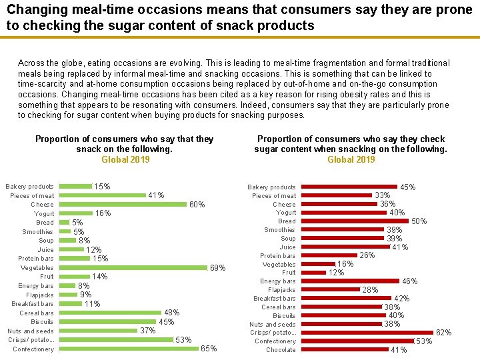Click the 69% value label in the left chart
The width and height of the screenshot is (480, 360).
coord(218,268)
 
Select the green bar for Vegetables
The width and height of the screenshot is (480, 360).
coord(133,267)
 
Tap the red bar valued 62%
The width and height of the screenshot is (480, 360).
coord(367,332)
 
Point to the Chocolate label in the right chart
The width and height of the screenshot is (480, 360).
coord(281,350)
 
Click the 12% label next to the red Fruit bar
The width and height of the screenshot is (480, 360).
coord(336,273)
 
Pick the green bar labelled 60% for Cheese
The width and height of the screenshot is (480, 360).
coord(123,205)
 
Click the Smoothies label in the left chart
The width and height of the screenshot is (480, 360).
coord(38,232)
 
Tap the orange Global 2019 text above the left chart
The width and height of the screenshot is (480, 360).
coord(125,159)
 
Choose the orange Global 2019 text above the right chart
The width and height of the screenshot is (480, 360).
coord(351,159)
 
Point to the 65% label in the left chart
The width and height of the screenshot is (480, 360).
coord(209,349)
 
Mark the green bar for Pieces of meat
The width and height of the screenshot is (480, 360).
coord(103,195)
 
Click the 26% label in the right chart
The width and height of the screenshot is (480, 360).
coord(367,255)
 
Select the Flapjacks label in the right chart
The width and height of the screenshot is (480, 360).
coord(281,290)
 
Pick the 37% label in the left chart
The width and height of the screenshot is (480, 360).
coord(147,331)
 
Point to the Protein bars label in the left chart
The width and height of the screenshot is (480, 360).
coord(36,259)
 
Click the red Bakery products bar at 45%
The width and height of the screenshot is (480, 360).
coord(349,187)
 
